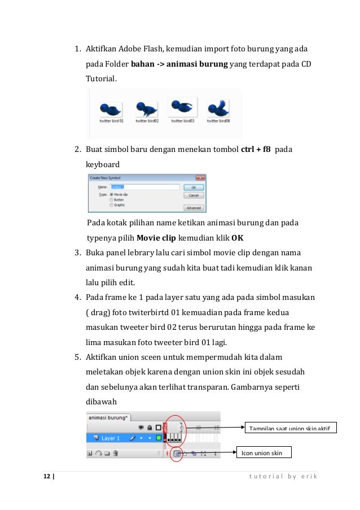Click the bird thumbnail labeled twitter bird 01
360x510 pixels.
coord(111,108)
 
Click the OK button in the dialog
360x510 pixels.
coord(194,187)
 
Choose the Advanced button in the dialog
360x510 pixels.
coord(194,207)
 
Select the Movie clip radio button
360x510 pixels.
coord(104,194)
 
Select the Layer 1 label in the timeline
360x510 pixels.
coord(111,438)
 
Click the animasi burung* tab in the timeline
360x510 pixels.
coord(109,418)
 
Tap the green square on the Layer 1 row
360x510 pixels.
coord(159,438)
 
